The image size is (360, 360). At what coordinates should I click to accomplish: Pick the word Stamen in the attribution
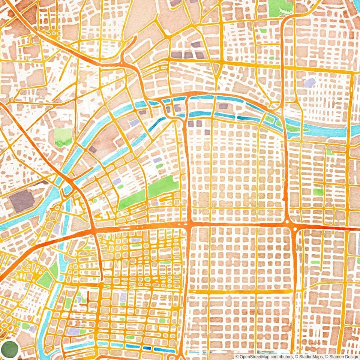[x=334, y=357]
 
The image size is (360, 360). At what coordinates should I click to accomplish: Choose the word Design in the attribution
[x=350, y=357]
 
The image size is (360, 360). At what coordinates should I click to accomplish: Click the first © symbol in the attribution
[x=237, y=357]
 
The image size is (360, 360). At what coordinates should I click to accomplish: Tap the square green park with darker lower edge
[x=63, y=137]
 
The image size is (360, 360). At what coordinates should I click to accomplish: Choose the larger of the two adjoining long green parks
[x=163, y=186]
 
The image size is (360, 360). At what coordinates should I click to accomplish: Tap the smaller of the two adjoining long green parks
[x=132, y=200]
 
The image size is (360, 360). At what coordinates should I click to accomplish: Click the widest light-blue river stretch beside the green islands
[x=326, y=131]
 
